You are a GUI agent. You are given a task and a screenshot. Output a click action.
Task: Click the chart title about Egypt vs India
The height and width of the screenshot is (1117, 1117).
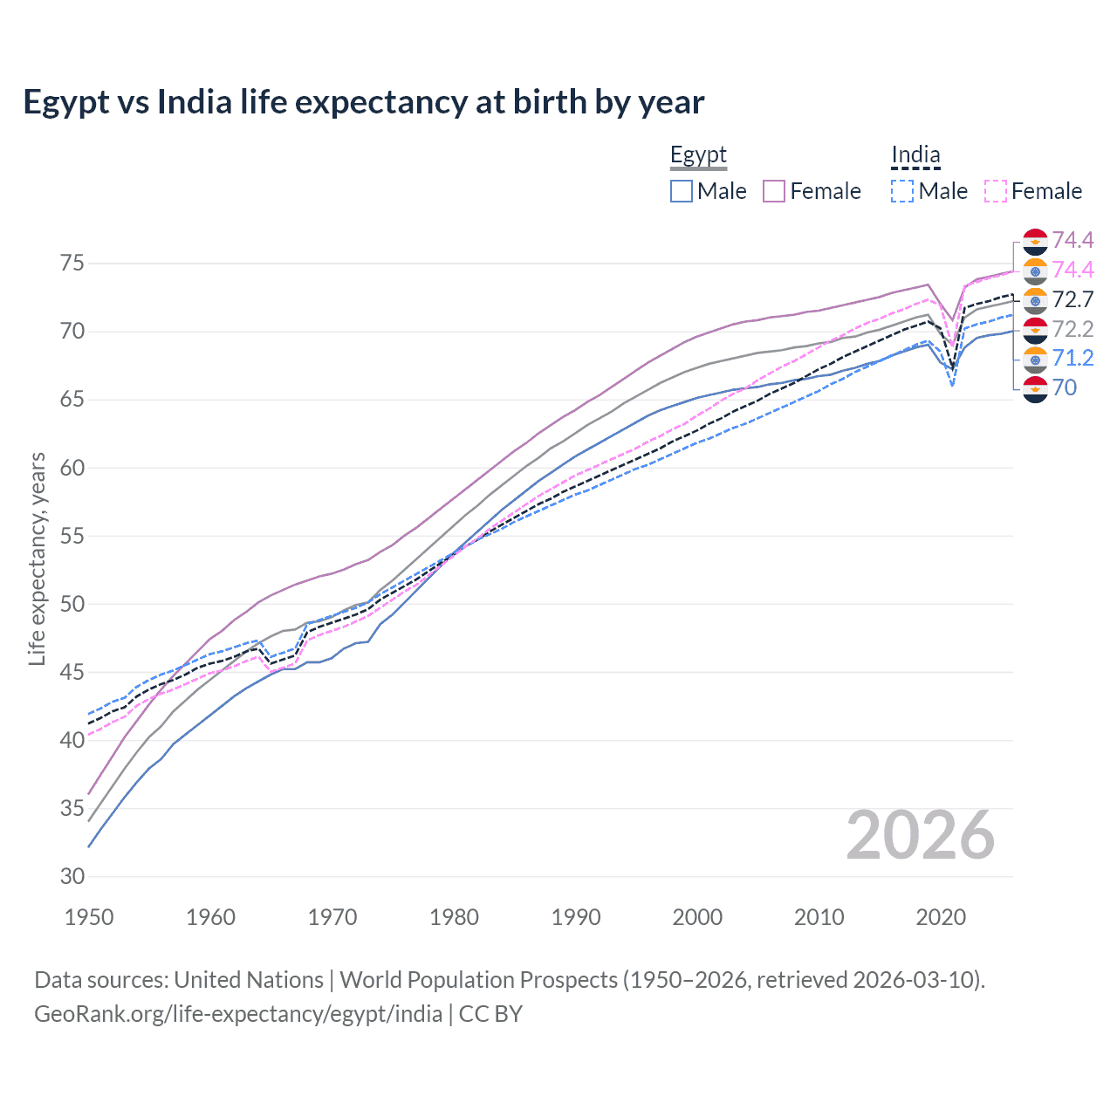363,102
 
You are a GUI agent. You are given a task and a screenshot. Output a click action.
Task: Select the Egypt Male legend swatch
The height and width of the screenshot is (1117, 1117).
682,191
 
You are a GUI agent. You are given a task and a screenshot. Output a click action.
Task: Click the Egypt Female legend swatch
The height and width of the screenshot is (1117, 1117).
774,191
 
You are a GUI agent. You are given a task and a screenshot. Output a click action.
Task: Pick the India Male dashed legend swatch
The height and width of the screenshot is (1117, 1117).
902,191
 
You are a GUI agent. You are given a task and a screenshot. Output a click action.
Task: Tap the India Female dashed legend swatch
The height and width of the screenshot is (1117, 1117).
996,191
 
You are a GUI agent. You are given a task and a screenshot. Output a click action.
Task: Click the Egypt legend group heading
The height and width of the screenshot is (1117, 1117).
698,155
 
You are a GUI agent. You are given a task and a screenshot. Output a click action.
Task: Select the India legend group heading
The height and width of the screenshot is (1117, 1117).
915,155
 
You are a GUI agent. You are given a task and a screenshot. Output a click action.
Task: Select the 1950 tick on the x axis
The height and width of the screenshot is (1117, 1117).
89,917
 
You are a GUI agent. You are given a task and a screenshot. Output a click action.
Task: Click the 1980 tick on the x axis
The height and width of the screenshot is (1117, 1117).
454,917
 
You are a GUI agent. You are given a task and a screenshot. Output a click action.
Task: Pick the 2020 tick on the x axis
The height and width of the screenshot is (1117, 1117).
941,917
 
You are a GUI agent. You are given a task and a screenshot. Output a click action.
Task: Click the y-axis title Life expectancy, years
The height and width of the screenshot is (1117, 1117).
37,558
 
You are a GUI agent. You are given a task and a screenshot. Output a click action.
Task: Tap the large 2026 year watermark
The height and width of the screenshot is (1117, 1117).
920,836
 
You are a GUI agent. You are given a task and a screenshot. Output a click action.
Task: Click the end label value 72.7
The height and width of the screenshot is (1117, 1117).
1072,300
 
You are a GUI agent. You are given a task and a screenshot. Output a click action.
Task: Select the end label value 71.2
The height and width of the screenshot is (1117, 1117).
1072,359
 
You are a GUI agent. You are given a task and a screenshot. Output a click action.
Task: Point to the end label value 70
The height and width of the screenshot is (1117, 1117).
1065,388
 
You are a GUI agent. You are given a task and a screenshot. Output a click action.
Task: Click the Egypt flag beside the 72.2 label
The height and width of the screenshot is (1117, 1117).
1035,330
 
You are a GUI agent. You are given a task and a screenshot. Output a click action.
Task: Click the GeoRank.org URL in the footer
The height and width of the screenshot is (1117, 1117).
237,1014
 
